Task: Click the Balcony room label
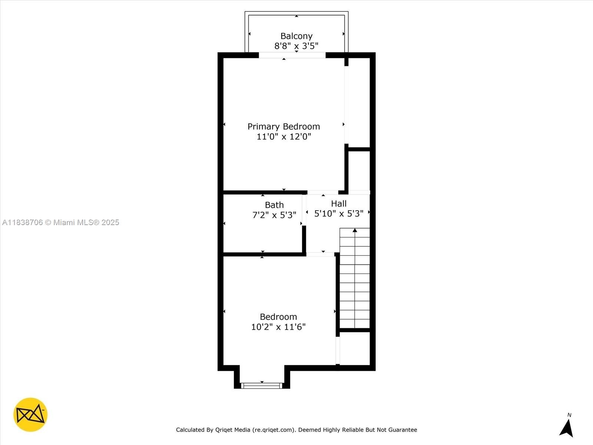coord(296,36)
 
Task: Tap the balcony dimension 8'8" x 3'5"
coord(296,46)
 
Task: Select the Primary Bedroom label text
coord(284,126)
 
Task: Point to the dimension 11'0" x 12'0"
coord(284,136)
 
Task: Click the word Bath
coord(274,205)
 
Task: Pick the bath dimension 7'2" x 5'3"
coord(274,215)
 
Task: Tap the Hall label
coord(339,204)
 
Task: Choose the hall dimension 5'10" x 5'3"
coord(339,214)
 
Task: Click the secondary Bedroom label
coord(278,317)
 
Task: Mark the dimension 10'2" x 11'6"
coord(278,327)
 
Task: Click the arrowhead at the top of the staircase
coord(355,231)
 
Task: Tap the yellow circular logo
coord(30,415)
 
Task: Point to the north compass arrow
coord(567,428)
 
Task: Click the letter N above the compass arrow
coord(569,415)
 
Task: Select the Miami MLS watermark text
coord(60,222)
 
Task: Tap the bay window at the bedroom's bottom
coord(262,386)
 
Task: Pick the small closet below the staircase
coord(355,349)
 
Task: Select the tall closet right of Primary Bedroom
coord(359,102)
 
